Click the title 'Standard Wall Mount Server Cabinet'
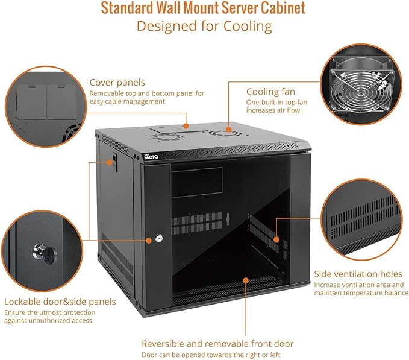point(203,8)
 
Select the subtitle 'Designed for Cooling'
point(204,27)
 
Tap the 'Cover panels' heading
point(117,83)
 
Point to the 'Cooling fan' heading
point(270,92)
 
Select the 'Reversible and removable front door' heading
point(217,343)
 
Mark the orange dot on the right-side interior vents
point(276,239)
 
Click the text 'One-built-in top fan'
point(276,103)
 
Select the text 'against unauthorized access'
point(48,321)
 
